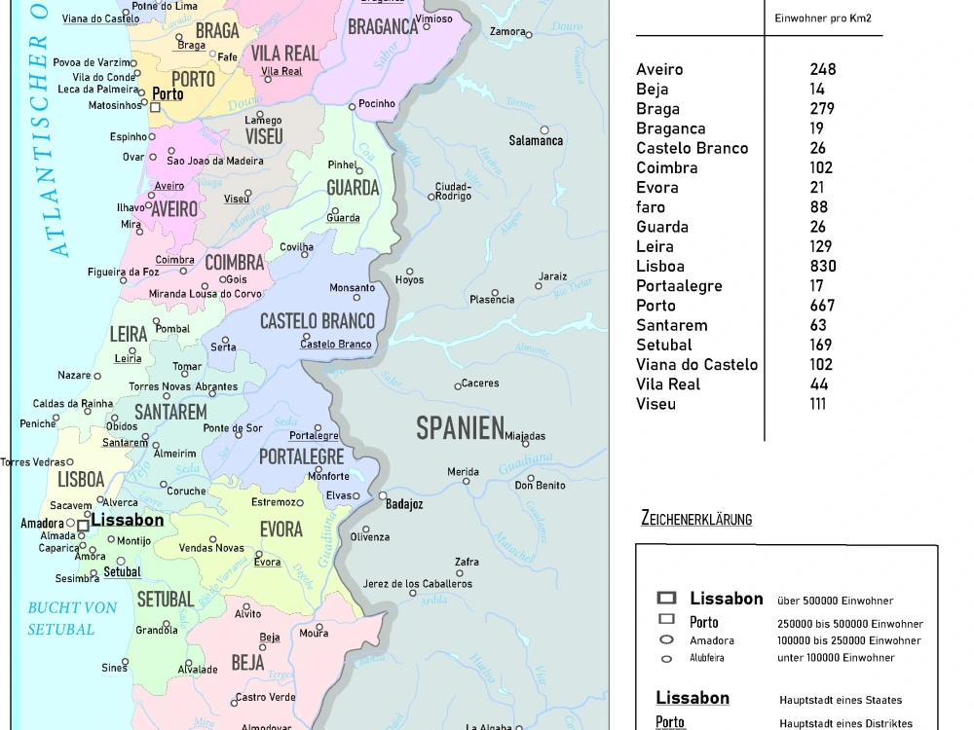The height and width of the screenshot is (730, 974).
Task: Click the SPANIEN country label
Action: [x=460, y=427]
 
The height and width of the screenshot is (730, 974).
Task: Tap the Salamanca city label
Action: [x=536, y=141]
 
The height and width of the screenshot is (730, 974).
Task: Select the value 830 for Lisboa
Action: [x=822, y=266]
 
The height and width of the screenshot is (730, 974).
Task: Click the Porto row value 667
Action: [x=822, y=306]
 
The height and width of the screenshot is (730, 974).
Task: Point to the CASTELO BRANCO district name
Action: [x=317, y=321]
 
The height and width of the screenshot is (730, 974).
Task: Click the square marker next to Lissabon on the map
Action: [x=84, y=525]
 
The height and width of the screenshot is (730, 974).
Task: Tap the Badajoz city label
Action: [x=404, y=504]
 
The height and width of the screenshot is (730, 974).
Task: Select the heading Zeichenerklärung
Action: [x=696, y=519]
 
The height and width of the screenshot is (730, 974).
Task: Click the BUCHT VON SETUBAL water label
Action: [x=72, y=618]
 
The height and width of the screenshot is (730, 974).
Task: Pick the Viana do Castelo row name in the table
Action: [x=696, y=365]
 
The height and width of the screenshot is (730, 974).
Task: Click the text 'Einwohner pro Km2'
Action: [x=822, y=18]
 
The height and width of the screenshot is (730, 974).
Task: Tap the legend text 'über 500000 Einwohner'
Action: [x=835, y=601]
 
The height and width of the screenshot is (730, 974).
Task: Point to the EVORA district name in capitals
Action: [x=281, y=530]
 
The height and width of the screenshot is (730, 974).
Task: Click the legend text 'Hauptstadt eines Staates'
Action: [x=841, y=700]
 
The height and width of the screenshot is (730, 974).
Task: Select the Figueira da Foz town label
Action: [x=124, y=272]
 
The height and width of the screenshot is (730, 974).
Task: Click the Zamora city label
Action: [x=507, y=31]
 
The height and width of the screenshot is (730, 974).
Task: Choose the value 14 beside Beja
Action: [x=816, y=90]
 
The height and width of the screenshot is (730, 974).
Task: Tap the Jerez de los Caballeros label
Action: [x=417, y=584]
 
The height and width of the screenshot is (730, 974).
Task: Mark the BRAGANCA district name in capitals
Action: [x=383, y=28]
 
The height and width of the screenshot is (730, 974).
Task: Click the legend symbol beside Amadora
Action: [x=667, y=639]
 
